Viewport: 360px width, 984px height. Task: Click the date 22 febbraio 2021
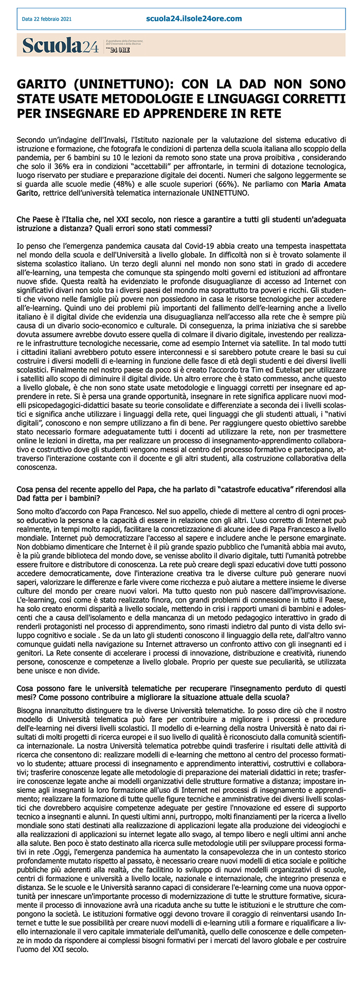coord(46,20)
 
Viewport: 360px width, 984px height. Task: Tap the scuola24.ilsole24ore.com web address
coord(194,19)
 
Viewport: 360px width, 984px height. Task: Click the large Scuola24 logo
coord(60,46)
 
